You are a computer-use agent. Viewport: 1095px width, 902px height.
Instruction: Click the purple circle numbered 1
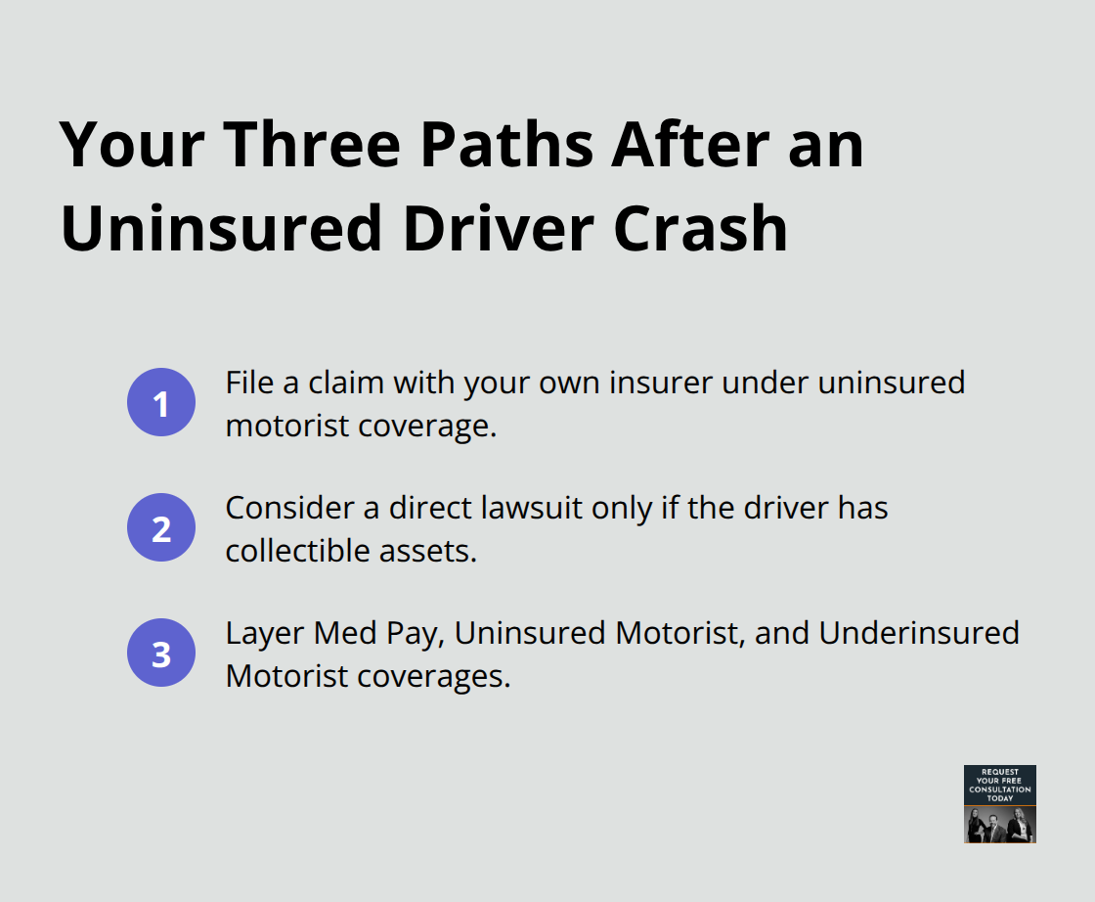pyautogui.click(x=161, y=402)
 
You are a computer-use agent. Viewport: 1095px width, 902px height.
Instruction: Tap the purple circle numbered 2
pyautogui.click(x=161, y=527)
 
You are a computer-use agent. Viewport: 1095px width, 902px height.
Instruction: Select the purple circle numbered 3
pyautogui.click(x=161, y=653)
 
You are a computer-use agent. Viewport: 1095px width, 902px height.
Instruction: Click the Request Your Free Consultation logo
pyautogui.click(x=999, y=803)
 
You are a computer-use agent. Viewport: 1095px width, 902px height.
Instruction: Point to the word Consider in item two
pyautogui.click(x=276, y=508)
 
